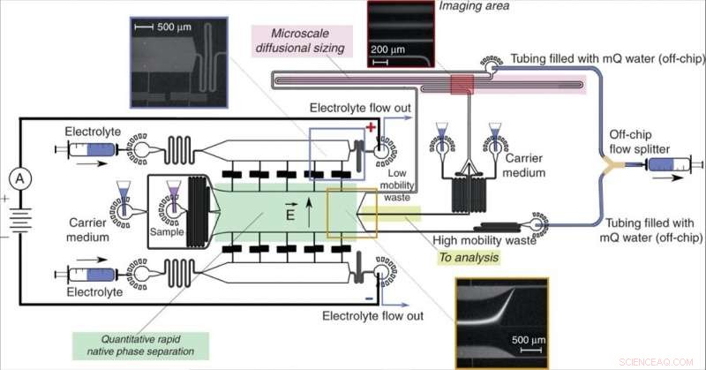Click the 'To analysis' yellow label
(468, 256)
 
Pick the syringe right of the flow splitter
(672, 164)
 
